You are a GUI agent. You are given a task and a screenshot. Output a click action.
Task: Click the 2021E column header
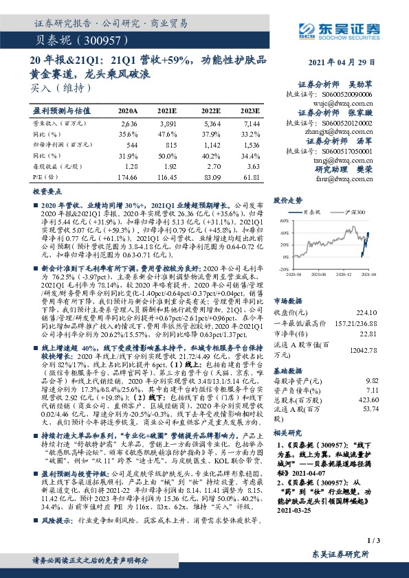[x=167, y=110]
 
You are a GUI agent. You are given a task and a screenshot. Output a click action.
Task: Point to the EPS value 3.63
[x=252, y=166]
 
